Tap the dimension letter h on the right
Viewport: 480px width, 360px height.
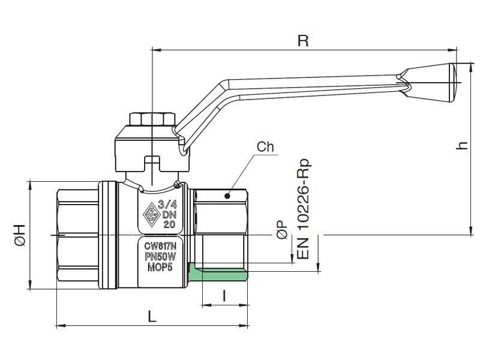(x=461, y=146)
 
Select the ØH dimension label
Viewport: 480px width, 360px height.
(x=19, y=235)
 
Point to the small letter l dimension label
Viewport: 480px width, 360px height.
(x=224, y=296)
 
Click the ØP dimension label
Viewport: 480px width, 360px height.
(x=283, y=230)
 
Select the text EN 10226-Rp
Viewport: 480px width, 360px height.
(x=304, y=209)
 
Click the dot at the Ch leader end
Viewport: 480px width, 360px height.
(x=227, y=196)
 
